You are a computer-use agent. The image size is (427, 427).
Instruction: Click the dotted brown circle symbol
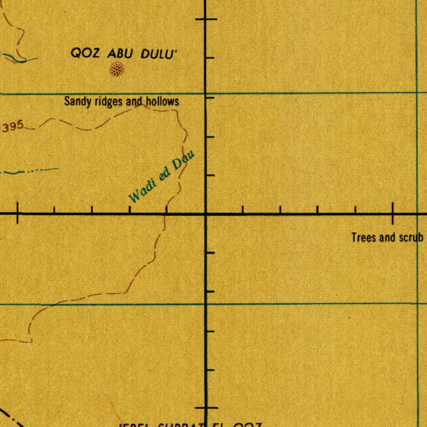[117, 69]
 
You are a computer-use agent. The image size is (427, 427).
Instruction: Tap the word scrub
[412, 238]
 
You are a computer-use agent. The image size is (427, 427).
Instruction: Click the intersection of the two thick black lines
[206, 214]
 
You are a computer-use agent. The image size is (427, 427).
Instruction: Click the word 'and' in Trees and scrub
[387, 238]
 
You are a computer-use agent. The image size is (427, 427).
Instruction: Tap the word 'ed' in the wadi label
[165, 174]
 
